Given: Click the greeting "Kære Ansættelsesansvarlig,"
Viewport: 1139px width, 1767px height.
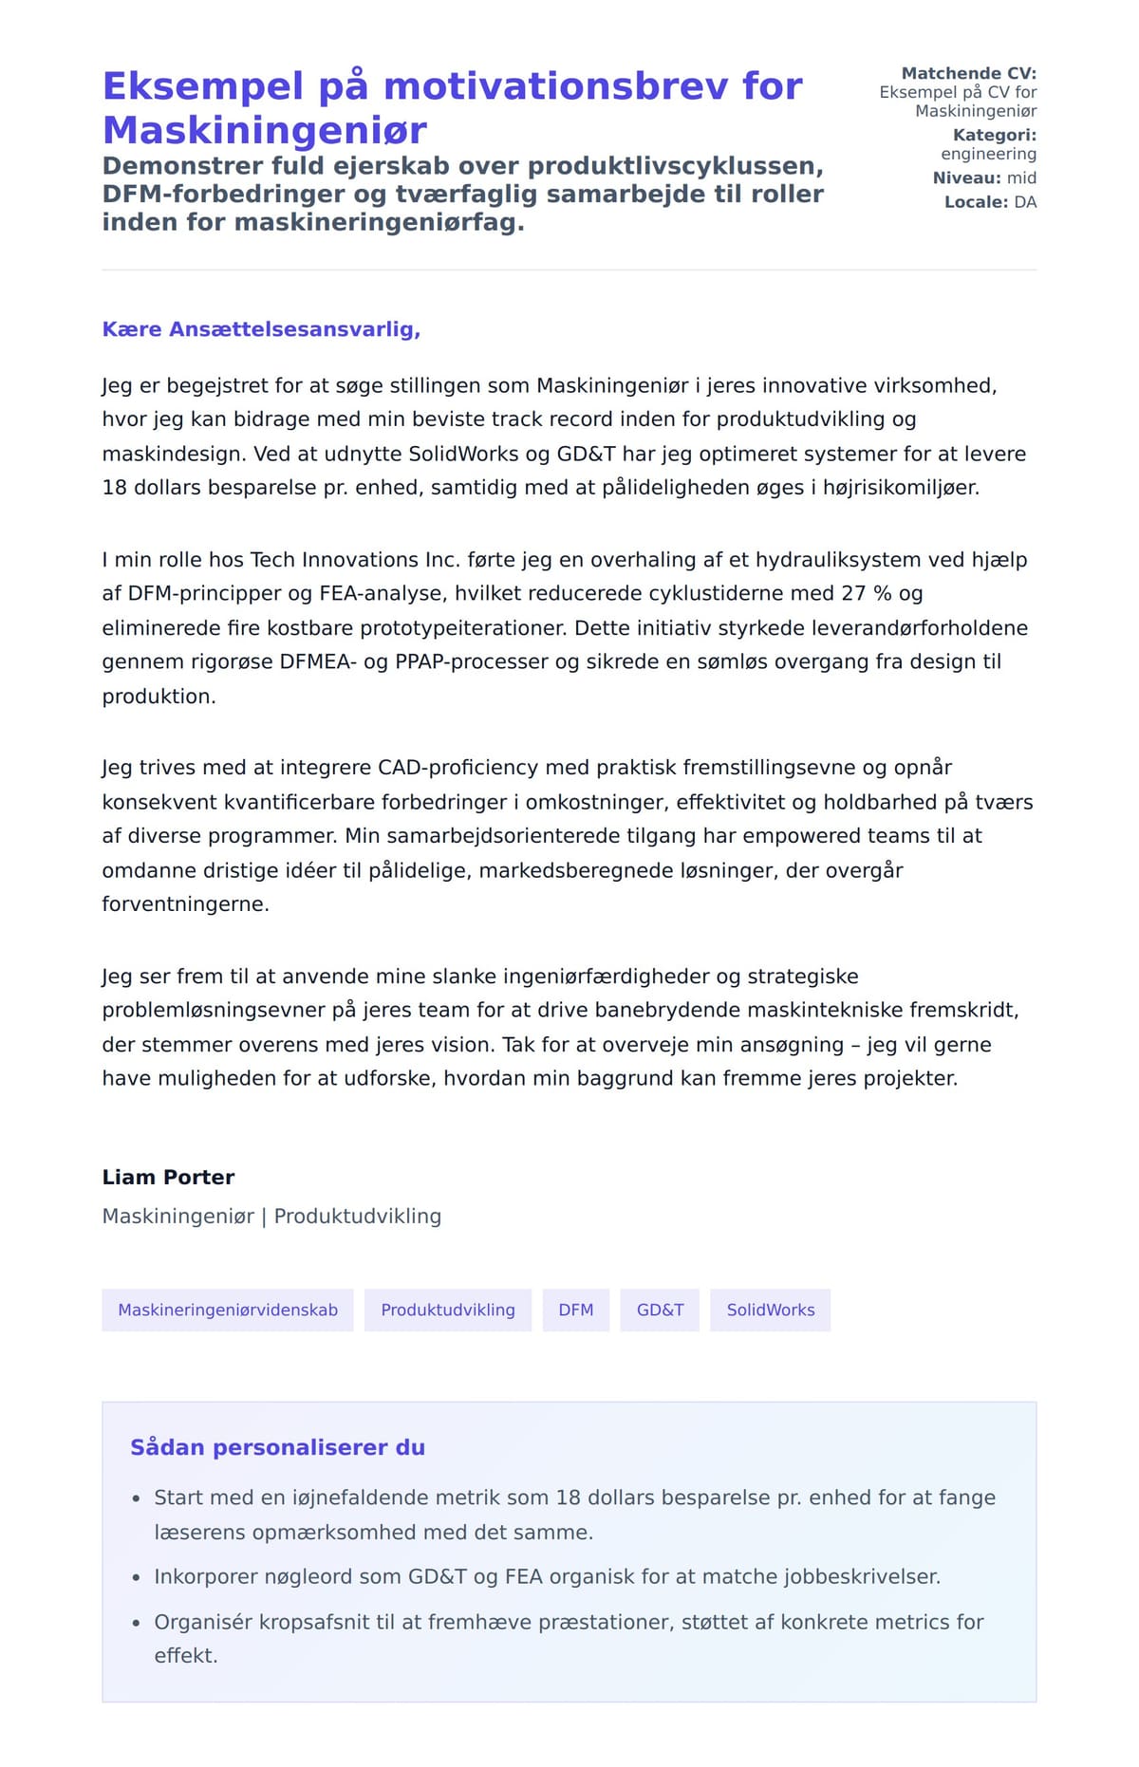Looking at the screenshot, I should pyautogui.click(x=261, y=329).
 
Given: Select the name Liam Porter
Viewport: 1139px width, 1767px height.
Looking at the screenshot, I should pyautogui.click(x=168, y=1177).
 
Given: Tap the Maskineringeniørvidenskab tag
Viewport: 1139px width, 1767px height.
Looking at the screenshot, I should pyautogui.click(x=228, y=1310).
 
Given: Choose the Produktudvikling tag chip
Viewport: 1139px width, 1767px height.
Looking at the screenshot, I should pyautogui.click(x=448, y=1310).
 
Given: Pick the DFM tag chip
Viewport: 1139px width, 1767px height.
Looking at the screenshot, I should pyautogui.click(x=576, y=1310).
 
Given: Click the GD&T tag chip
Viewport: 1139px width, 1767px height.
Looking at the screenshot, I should pyautogui.click(x=660, y=1310).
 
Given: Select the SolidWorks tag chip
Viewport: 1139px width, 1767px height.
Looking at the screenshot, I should pyautogui.click(x=771, y=1310).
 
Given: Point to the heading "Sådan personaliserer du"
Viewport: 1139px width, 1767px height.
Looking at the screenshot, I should pyautogui.click(x=277, y=1447).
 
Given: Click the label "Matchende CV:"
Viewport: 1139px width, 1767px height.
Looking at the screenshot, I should pyautogui.click(x=968, y=73).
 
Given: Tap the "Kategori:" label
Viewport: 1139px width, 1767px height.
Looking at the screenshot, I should pyautogui.click(x=994, y=135).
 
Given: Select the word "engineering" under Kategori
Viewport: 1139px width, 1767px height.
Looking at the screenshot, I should pyautogui.click(x=988, y=154).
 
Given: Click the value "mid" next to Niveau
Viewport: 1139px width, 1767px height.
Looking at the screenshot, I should pyautogui.click(x=1021, y=177).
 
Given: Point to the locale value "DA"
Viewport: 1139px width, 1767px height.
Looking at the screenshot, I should pyautogui.click(x=1025, y=202).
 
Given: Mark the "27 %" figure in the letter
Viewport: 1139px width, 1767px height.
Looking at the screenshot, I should pyautogui.click(x=867, y=593).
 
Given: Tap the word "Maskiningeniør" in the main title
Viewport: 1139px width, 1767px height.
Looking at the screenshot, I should pyautogui.click(x=264, y=130).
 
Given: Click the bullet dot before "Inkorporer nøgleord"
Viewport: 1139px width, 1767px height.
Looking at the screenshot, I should pyautogui.click(x=136, y=1577).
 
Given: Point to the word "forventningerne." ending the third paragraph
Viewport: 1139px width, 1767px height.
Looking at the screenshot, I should pyautogui.click(x=185, y=903).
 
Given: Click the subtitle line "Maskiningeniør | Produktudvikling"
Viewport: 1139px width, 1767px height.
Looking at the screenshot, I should pyautogui.click(x=271, y=1216).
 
